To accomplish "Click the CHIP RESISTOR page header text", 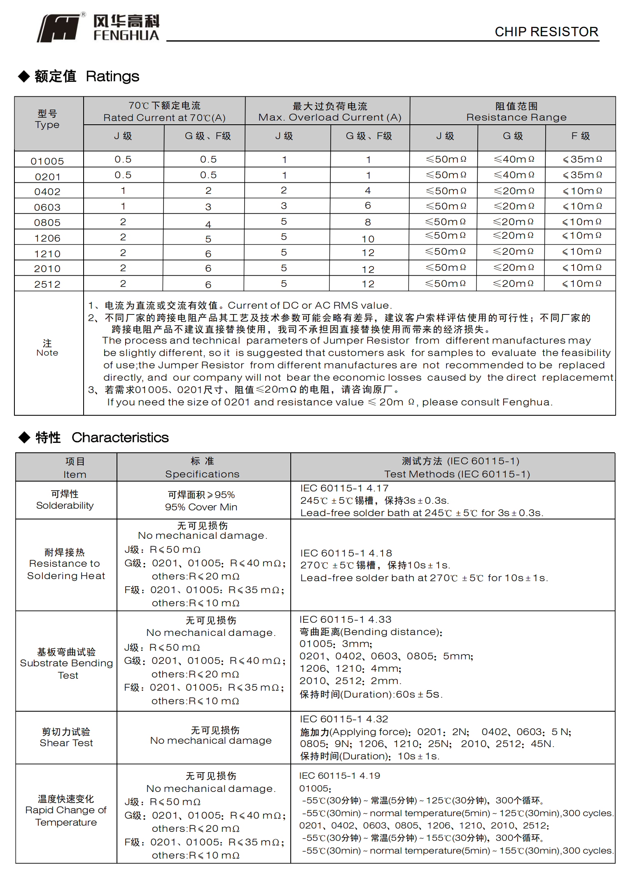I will pyautogui.click(x=546, y=32).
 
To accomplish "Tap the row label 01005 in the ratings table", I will pyautogui.click(x=47, y=161).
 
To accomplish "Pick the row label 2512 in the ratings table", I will pyautogui.click(x=47, y=284).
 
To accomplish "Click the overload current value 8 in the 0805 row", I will pyautogui.click(x=368, y=222).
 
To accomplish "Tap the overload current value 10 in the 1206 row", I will pyautogui.click(x=368, y=239).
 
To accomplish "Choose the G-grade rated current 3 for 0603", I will pyautogui.click(x=208, y=207).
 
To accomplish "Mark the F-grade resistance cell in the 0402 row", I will pyautogui.click(x=582, y=191).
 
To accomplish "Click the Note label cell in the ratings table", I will pyautogui.click(x=47, y=348).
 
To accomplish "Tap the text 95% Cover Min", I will pyautogui.click(x=201, y=507).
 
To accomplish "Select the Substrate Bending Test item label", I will pyautogui.click(x=66, y=663).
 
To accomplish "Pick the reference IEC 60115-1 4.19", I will pyautogui.click(x=340, y=775).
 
